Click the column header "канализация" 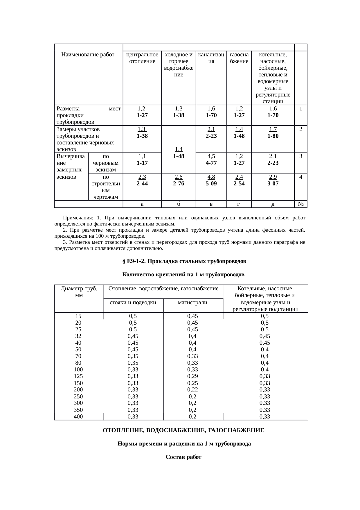(211, 58)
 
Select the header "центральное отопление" (142, 58)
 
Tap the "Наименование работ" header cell (88, 54)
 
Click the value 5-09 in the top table (211, 183)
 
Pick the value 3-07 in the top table (273, 183)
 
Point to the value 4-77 (211, 163)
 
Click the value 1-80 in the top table (273, 136)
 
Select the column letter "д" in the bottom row (273, 204)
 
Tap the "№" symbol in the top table (301, 204)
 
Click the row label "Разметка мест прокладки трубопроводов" (88, 115)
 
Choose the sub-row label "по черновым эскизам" (106, 163)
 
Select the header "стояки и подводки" (133, 302)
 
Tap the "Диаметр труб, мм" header (79, 292)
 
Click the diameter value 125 (78, 376)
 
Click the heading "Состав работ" (183, 457)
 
